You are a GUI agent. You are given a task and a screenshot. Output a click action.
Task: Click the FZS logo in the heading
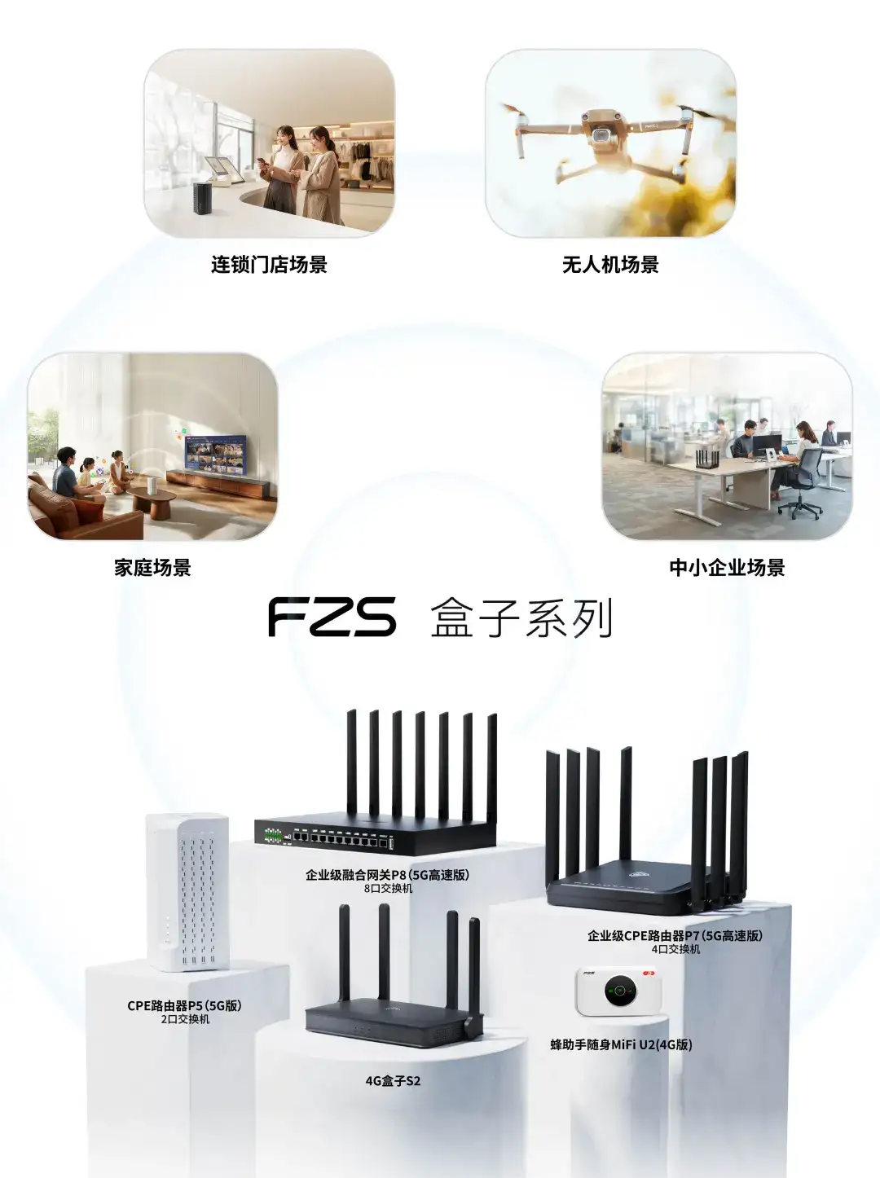[x=332, y=617]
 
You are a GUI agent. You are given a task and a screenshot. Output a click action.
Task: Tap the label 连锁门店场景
[x=269, y=265]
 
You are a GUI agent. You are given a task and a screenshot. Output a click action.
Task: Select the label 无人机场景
[x=610, y=265]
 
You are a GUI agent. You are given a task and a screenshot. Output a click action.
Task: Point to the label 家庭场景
[x=152, y=568]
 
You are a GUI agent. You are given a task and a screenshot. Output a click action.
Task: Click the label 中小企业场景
[x=727, y=568]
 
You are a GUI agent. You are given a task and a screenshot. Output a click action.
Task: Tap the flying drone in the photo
[x=601, y=135]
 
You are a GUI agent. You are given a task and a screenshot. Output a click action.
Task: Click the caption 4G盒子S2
[x=393, y=1081]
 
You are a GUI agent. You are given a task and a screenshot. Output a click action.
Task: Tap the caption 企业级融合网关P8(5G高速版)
[x=387, y=875]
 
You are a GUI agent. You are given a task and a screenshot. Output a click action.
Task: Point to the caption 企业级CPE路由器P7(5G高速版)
[x=675, y=935]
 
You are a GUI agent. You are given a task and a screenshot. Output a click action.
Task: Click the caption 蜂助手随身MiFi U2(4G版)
[x=621, y=1044]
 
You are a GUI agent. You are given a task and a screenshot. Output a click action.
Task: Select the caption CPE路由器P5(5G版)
[x=184, y=1005]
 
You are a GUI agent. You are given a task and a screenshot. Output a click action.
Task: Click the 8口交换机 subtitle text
[x=388, y=889]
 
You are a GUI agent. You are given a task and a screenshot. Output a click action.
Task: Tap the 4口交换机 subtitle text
[x=675, y=949]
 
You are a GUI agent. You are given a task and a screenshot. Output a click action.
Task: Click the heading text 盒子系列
[x=521, y=618]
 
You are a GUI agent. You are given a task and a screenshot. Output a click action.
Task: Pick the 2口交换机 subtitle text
[x=184, y=1019]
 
